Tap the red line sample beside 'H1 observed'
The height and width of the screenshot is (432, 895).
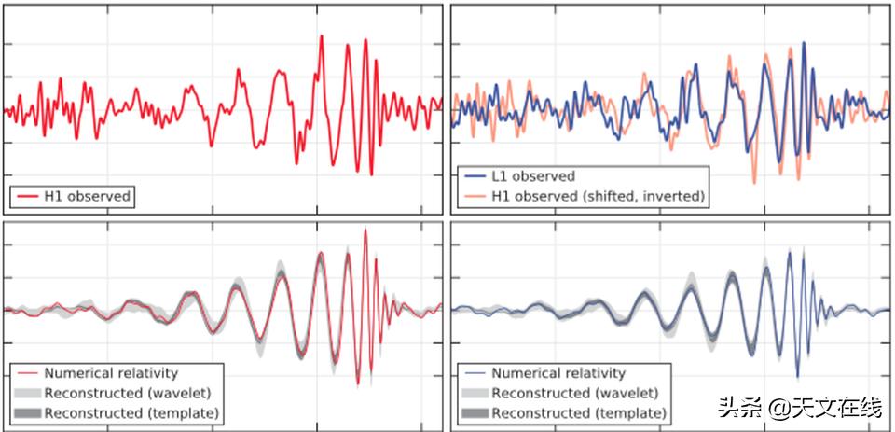point(26,197)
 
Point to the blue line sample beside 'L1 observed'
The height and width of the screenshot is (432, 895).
point(475,176)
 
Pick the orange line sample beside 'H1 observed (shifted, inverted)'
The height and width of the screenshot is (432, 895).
point(475,196)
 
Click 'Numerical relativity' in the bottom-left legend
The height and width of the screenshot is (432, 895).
point(111,373)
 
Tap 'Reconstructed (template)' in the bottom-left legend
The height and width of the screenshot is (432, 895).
point(131,412)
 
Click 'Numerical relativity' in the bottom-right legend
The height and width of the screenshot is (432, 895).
point(558,373)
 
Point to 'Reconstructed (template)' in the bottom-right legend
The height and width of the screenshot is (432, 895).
point(578,412)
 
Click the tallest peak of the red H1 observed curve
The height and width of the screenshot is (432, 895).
point(321,36)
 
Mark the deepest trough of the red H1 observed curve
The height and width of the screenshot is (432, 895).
point(372,174)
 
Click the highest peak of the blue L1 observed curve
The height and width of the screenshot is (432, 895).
point(803,41)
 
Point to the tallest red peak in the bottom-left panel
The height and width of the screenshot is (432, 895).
point(365,230)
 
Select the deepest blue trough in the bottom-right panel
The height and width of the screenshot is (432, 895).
point(797,376)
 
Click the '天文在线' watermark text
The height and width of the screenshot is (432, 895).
point(835,407)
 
